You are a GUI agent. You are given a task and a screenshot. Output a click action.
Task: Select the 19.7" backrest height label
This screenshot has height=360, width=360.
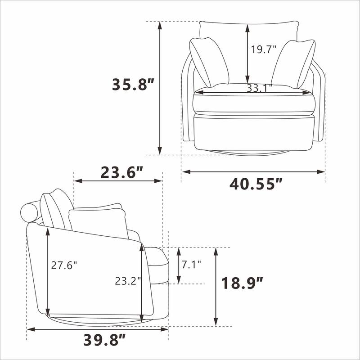pyautogui.click(x=263, y=49)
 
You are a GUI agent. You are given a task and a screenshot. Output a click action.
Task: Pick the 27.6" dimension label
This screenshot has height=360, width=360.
pyautogui.click(x=63, y=265)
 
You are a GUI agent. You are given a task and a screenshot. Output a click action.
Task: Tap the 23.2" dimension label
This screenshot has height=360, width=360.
pyautogui.click(x=128, y=281)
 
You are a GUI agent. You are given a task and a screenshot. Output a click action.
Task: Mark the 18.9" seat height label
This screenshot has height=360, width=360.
pyautogui.click(x=242, y=283)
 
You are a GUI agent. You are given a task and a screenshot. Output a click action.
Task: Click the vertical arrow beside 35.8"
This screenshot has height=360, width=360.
pyautogui.click(x=159, y=88)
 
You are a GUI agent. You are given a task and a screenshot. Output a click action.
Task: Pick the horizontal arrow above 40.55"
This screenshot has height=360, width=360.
pyautogui.click(x=253, y=171)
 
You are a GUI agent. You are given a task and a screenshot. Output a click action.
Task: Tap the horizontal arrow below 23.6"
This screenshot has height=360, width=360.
pyautogui.click(x=118, y=181)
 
